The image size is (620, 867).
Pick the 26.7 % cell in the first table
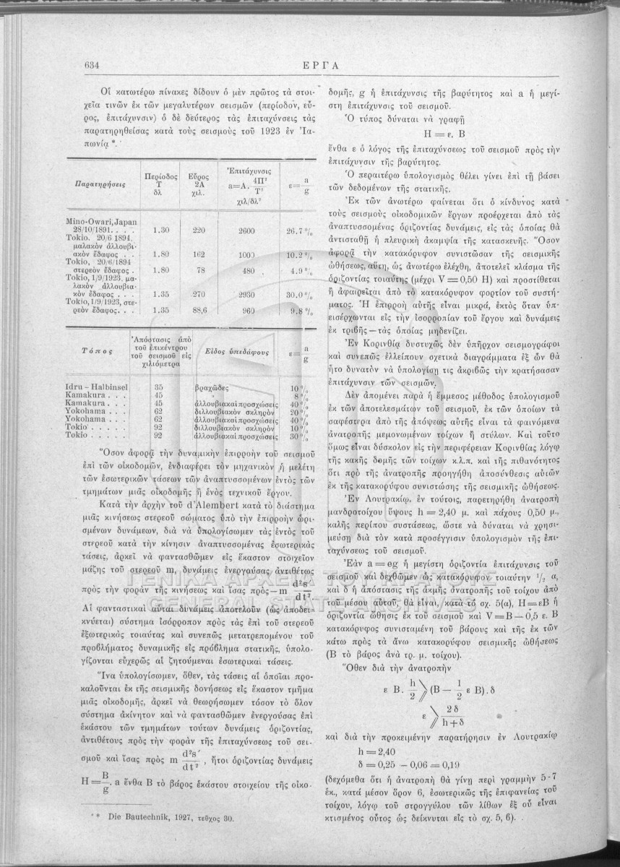(x=298, y=229)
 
